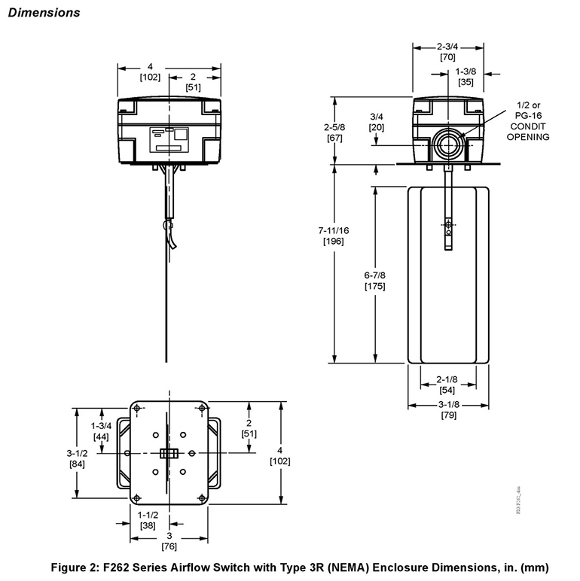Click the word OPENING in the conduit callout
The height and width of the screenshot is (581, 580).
click(x=527, y=136)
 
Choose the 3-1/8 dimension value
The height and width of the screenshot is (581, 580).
click(x=447, y=405)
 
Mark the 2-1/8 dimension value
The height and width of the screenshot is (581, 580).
click(x=447, y=380)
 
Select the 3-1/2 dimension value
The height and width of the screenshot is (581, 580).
click(x=78, y=453)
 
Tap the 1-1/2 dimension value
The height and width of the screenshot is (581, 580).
click(x=148, y=515)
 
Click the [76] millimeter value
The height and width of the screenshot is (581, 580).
click(x=168, y=546)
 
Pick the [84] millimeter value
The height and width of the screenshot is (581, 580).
click(x=78, y=464)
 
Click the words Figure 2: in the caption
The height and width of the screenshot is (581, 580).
click(x=76, y=566)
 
